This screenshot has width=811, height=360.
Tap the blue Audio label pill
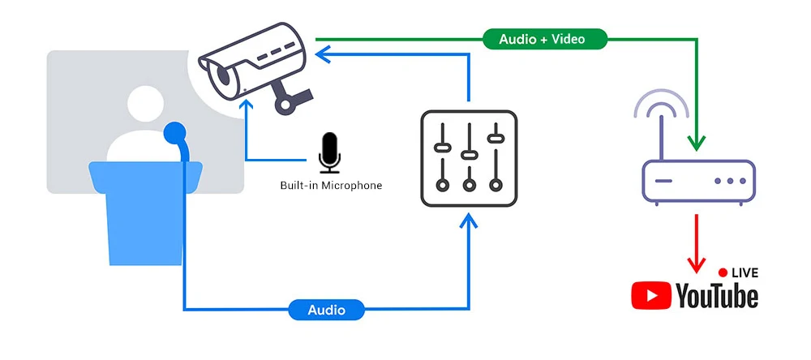[x=326, y=310]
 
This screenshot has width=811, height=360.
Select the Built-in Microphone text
[x=331, y=185]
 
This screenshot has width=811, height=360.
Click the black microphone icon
[x=329, y=152]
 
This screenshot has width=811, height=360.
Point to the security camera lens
[x=224, y=75]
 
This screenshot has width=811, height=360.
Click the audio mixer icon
[x=469, y=158]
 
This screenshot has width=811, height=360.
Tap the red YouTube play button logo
[x=650, y=295]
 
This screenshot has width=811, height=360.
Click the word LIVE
[x=744, y=272]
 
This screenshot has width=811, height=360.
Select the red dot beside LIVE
[x=723, y=272]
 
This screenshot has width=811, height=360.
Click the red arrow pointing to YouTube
[x=696, y=243]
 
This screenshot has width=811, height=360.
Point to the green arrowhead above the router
[x=696, y=142]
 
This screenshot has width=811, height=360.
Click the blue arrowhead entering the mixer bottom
[x=469, y=221]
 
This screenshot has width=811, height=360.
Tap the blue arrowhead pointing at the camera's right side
[x=324, y=54]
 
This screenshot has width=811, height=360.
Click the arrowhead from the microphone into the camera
[x=247, y=106]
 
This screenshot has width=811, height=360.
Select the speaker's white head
[x=145, y=104]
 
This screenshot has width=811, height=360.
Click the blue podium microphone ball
[x=174, y=132]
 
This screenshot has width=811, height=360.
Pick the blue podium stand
[x=145, y=213]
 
